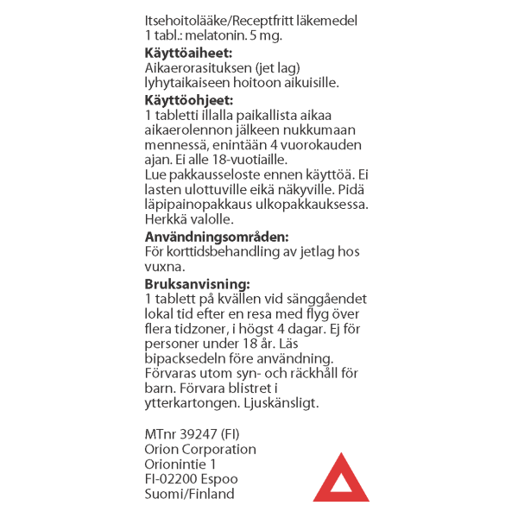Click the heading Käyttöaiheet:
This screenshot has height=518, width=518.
[189, 53]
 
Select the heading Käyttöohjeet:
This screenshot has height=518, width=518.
[188, 100]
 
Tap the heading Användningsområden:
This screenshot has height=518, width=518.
[217, 237]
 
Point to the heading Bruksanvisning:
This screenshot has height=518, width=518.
[198, 283]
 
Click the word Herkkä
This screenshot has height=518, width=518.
[166, 219]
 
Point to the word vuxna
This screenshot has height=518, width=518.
[164, 268]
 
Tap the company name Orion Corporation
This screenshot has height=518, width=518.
[200, 449]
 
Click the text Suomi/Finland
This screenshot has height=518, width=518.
[189, 495]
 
